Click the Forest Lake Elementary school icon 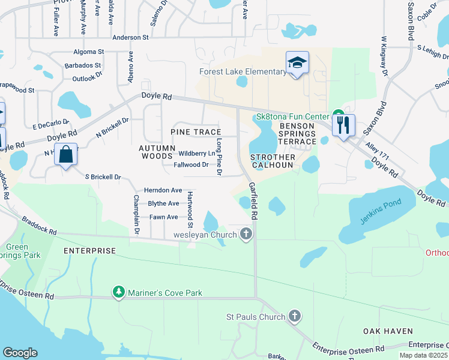(x=297, y=62)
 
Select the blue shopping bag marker (x=67, y=154)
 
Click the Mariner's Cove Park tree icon (x=119, y=293)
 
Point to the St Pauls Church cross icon (x=294, y=316)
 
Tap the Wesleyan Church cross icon (x=246, y=233)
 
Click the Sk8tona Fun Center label (x=292, y=116)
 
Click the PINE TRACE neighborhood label (x=196, y=132)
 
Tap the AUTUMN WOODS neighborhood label (x=155, y=152)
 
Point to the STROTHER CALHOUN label (x=273, y=161)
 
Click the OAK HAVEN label (x=388, y=331)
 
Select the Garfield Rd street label (x=253, y=200)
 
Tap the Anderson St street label (x=130, y=37)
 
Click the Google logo (x=20, y=353)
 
